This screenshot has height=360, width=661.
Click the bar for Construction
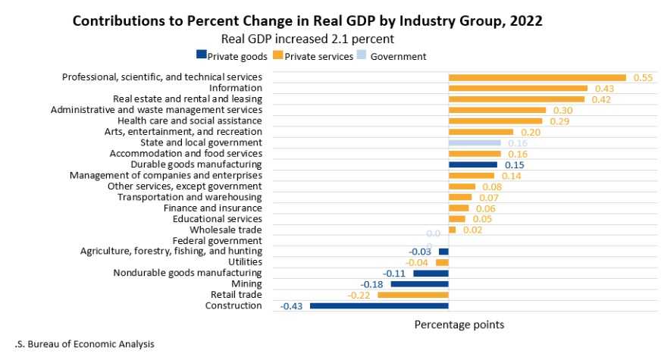coord(379,306)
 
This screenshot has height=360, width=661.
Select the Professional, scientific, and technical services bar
coord(537,77)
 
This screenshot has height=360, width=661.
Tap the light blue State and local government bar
coord(475,142)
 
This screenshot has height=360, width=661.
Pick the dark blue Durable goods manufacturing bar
coord(473,164)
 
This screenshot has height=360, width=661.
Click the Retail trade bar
coord(412,295)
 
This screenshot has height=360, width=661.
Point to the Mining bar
coord(419,284)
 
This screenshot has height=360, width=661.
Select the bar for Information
coord(518,88)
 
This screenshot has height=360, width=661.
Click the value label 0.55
coord(643,77)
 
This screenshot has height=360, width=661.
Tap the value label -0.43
coord(293,306)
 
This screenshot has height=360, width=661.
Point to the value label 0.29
coord(559,121)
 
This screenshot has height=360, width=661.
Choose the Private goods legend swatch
coord(201,56)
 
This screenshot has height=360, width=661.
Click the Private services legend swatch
coord(278,56)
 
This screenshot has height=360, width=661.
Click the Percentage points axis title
coord(459,324)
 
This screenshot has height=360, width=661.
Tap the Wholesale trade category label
coord(226,230)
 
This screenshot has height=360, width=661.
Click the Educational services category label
coord(218,219)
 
